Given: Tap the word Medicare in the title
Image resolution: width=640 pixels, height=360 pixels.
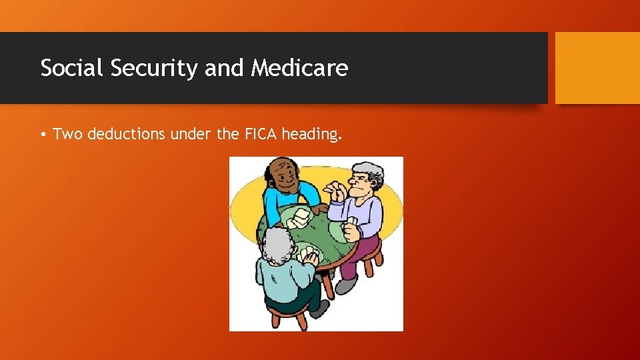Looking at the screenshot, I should pyautogui.click(x=299, y=68).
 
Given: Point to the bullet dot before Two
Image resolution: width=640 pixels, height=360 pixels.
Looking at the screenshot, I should pyautogui.click(x=43, y=135).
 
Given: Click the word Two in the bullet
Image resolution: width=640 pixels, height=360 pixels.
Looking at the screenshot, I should pyautogui.click(x=68, y=134).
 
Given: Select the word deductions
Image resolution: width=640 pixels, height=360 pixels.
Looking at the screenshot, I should pyautogui.click(x=127, y=134).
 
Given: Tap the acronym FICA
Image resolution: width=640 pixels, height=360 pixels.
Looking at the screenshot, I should pyautogui.click(x=260, y=134).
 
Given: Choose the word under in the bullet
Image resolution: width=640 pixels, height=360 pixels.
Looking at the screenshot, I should pyautogui.click(x=191, y=134).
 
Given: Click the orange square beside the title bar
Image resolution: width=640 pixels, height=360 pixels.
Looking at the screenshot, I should pyautogui.click(x=597, y=68).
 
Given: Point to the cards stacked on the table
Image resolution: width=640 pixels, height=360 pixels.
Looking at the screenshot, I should pyautogui.click(x=300, y=217).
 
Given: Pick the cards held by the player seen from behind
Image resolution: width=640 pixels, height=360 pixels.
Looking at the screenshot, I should pyautogui.click(x=308, y=255).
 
